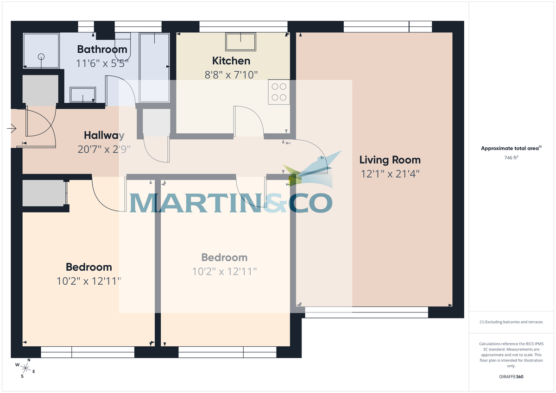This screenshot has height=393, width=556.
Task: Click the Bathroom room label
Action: pos(102,49)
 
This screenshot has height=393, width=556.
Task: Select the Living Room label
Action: pos(390,160)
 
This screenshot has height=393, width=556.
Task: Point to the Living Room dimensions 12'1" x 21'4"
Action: pos(390,174)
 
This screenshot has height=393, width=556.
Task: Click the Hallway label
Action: pos(104,136)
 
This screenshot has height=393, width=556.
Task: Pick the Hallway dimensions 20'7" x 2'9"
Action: pos(104,149)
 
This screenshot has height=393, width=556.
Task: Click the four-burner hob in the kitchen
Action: pos(279,92)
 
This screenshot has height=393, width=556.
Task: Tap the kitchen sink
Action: pos(241,42)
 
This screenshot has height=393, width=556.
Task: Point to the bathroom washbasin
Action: pos(83,95)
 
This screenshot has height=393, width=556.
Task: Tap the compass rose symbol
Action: pos(25,368)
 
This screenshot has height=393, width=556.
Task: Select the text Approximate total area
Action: pos(510,149)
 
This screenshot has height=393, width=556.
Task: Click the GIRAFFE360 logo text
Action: pos(511,377)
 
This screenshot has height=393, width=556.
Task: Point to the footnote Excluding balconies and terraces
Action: pos(511,322)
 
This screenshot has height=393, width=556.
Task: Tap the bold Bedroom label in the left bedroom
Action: pos(88,267)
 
